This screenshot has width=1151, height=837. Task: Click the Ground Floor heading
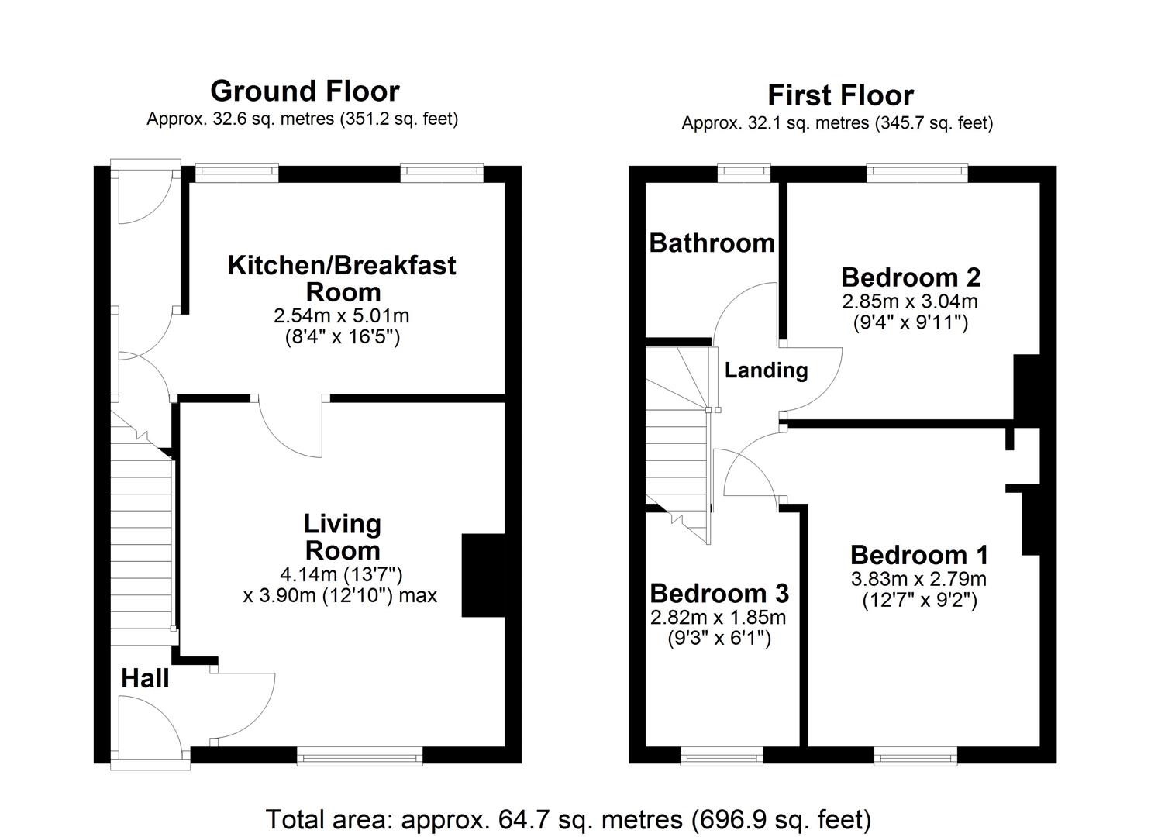click(305, 91)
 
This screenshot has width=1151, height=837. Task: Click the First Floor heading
click(840, 95)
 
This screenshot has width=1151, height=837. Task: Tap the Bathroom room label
click(712, 243)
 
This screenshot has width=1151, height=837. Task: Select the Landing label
click(766, 370)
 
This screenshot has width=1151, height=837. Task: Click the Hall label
click(145, 679)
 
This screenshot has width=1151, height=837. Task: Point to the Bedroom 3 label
click(719, 594)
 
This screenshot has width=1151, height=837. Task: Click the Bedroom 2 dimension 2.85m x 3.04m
click(910, 301)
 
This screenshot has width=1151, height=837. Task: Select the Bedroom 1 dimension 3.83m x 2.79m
click(918, 579)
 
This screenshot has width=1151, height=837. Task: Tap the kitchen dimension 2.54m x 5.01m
click(341, 316)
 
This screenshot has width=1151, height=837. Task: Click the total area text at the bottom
click(568, 819)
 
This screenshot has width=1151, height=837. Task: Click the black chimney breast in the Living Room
click(483, 575)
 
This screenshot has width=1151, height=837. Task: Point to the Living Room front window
click(360, 756)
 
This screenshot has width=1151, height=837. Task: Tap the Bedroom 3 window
click(721, 756)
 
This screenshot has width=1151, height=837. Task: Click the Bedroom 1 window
click(915, 756)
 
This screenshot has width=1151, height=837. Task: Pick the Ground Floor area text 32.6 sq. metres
click(302, 119)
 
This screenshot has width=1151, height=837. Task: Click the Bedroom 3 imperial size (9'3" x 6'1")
click(719, 639)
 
